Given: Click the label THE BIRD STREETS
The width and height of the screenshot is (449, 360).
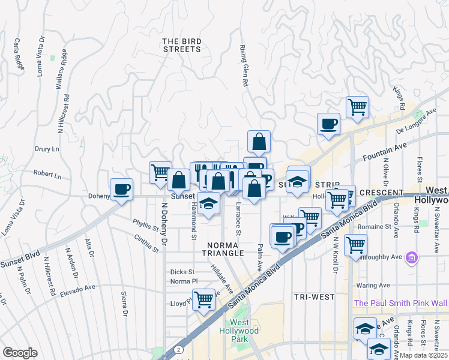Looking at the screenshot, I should (x=182, y=45).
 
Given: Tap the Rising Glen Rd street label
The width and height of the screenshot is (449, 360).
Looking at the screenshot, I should (x=244, y=66).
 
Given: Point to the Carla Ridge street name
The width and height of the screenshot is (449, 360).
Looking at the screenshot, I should (x=19, y=55).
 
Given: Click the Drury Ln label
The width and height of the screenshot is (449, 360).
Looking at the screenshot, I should (x=47, y=149).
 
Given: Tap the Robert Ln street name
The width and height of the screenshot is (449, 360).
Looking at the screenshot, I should (x=47, y=176).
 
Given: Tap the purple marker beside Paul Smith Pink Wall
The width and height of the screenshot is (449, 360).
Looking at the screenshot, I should (x=412, y=258).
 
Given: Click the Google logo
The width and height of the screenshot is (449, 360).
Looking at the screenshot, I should (x=20, y=352).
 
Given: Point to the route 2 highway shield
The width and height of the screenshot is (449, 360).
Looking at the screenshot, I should (x=178, y=349).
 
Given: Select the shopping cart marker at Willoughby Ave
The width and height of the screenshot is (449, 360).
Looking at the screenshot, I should (x=355, y=245).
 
